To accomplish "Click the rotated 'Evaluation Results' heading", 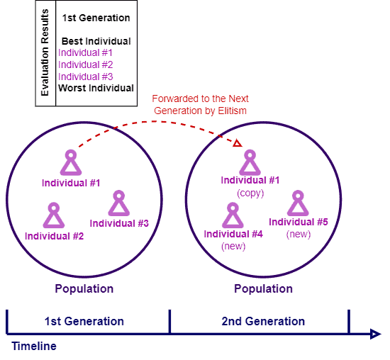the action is pos(45,52).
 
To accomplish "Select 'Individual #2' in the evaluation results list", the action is pos(86,65).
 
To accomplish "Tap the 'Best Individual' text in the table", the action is pos(96,41).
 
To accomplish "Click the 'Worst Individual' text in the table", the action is pos(96,88).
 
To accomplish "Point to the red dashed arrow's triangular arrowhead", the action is pos(238,143).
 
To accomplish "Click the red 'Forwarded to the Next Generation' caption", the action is pos(200,105).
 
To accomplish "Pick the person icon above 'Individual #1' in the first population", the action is pos(71,162).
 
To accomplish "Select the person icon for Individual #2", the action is pos(54,215).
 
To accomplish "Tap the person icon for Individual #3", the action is pos(119,203).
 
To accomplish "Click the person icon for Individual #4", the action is pos(233,215).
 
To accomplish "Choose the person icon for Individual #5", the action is pos(298,203).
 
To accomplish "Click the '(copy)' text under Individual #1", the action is pos(250,193).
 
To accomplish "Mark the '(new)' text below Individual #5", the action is pos(299,234).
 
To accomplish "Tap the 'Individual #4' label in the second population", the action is pos(233,234).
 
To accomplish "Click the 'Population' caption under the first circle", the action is pos(84,289).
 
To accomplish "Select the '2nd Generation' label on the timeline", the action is pos(263,321).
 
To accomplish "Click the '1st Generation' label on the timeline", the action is pos(84,321).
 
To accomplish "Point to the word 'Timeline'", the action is pos(34,346).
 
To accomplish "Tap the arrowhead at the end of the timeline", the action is pos(376,334).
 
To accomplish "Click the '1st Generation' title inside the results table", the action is pos(96,18).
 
